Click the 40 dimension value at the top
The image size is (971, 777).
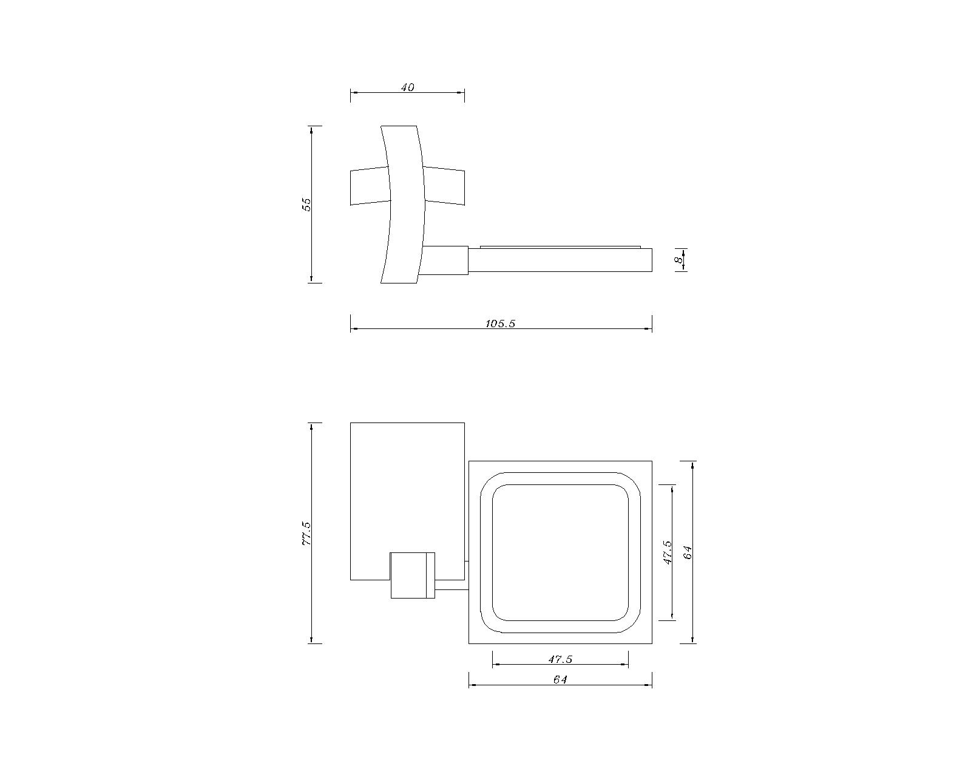click(x=407, y=87)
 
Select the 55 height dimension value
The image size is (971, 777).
click(x=307, y=205)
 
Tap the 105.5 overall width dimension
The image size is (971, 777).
click(x=500, y=324)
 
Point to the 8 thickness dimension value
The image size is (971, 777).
click(x=678, y=260)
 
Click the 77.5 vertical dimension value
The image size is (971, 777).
click(x=306, y=533)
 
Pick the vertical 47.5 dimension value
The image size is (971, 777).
click(x=668, y=552)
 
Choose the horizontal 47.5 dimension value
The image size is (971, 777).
click(x=560, y=660)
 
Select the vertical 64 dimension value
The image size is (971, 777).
click(x=687, y=552)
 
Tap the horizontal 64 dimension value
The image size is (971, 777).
click(x=560, y=679)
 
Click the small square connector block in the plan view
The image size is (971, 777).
click(x=413, y=575)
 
